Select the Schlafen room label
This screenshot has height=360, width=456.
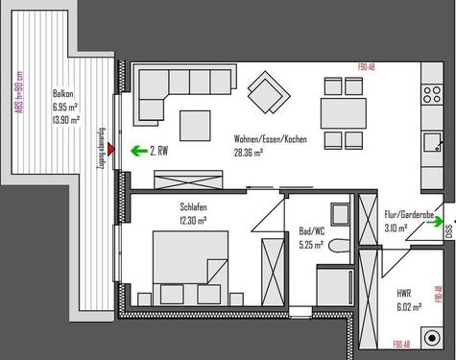(x=193, y=207)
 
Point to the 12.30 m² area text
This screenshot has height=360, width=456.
(x=193, y=220)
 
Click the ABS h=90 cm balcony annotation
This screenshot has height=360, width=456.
(x=18, y=94)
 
